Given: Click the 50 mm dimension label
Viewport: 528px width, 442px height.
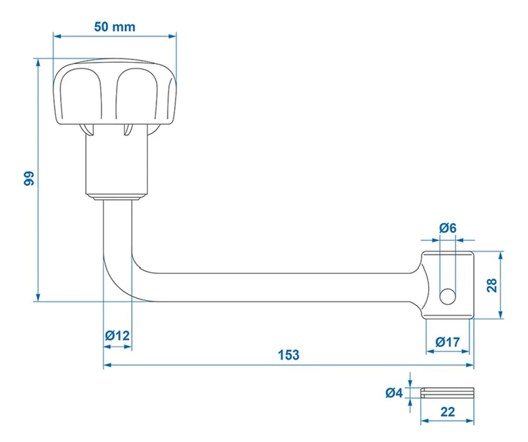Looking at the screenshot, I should coord(115,27).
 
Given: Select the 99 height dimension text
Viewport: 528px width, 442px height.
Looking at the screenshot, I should coord(29,178).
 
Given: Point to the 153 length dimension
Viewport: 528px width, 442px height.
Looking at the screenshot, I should coord(288,355).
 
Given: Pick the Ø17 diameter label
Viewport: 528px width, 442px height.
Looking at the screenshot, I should coord(448,342).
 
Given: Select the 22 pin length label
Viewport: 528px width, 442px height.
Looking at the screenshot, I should coord(447,412).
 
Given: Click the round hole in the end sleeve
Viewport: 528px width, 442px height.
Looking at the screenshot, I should coord(447,297).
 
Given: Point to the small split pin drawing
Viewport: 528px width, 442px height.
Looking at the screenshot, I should coord(448,392).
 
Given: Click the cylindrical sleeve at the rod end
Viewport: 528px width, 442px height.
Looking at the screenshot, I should coord(448,285).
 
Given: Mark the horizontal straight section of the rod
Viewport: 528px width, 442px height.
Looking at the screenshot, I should coord(275,287).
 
